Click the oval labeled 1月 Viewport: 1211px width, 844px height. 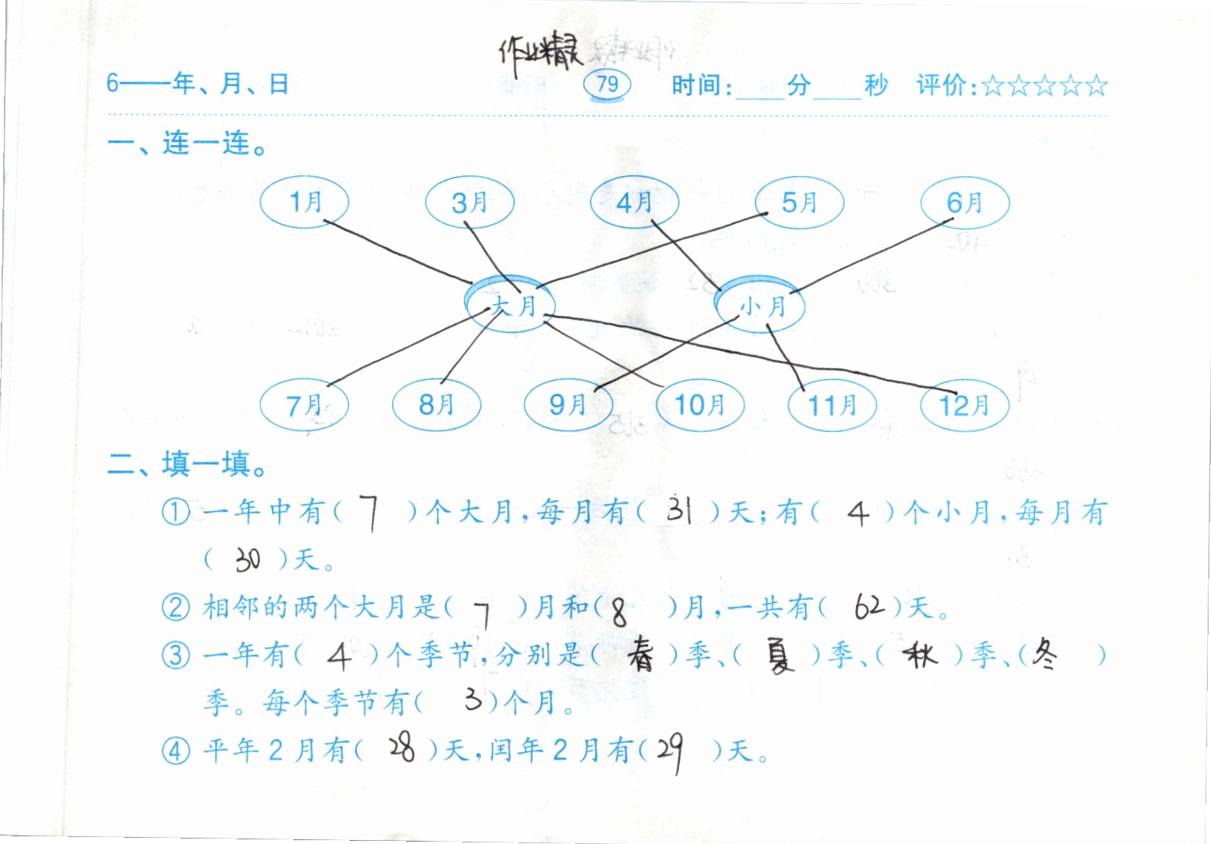[x=304, y=202]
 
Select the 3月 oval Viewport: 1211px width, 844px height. [x=469, y=202]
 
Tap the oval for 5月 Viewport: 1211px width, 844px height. [x=799, y=202]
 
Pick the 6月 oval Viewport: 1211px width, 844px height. [x=965, y=202]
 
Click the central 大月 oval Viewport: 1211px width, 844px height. [x=511, y=306]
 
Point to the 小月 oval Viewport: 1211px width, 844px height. [x=761, y=306]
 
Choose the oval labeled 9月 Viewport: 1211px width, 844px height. [x=568, y=404]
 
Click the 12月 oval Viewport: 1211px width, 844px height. [x=965, y=404]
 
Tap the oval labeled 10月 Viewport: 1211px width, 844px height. [x=700, y=404]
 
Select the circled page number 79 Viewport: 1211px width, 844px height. [x=607, y=83]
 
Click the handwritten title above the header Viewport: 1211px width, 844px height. [x=539, y=53]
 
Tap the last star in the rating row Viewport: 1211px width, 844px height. [x=1096, y=85]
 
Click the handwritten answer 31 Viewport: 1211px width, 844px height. [x=679, y=510]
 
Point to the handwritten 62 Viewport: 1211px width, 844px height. [x=869, y=607]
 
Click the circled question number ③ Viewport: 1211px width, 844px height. [x=176, y=656]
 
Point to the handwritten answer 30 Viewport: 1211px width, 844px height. [x=248, y=559]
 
